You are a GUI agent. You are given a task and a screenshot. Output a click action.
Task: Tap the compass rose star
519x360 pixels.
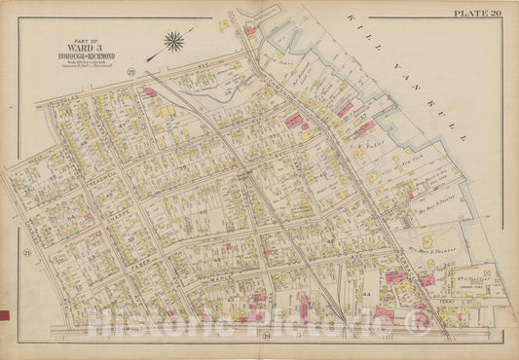click(174, 41)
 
